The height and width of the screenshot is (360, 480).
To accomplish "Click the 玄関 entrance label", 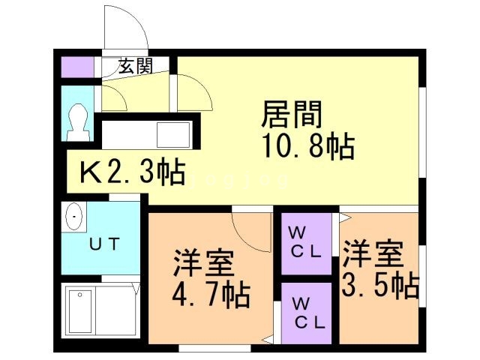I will click(136, 66).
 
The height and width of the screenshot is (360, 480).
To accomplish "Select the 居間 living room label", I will click(292, 115).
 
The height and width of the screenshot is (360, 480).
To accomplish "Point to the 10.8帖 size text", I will click(307, 146).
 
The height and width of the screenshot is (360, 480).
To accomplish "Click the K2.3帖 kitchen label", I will click(133, 173).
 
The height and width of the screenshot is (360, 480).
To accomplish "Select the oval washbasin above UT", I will click(75, 218).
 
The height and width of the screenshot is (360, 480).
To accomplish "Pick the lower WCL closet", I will click(307, 313).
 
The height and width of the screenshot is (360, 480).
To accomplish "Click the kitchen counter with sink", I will click(147, 135).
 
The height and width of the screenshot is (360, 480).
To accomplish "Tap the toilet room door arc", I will click(111, 97).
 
